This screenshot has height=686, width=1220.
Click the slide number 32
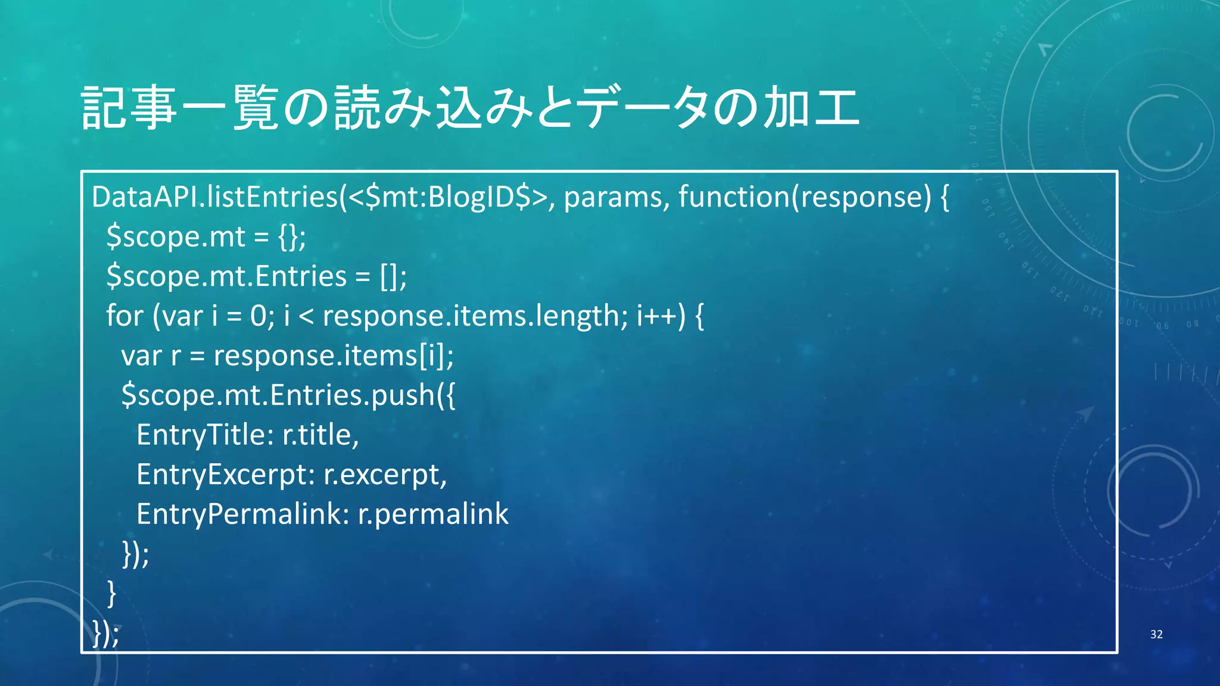tap(1156, 634)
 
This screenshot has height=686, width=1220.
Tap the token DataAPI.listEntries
tap(215, 197)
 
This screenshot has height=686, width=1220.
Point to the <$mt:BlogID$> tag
tap(447, 197)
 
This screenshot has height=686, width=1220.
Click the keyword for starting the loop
tap(125, 316)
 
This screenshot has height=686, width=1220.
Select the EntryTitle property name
tap(201, 435)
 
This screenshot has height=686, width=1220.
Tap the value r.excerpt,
tap(385, 475)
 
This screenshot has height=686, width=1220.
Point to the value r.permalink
tap(433, 514)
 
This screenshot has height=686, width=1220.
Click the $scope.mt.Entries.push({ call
tap(288, 395)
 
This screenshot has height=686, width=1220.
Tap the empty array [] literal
tap(388, 276)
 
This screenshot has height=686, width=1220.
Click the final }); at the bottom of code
tap(106, 632)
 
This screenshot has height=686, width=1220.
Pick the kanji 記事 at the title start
tap(129, 108)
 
